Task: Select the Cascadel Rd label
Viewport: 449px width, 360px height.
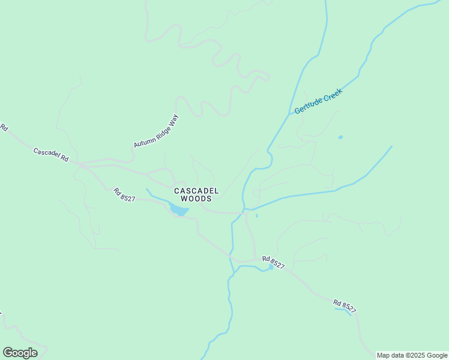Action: tap(50, 155)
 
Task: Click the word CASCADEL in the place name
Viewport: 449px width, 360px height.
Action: tap(196, 191)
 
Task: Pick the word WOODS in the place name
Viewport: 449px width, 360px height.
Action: tap(196, 199)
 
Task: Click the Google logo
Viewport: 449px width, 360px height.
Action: tap(20, 353)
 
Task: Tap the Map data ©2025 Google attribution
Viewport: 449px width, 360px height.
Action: tap(412, 355)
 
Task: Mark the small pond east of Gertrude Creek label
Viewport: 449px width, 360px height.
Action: tap(340, 137)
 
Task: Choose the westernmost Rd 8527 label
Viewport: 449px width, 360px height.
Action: tap(124, 194)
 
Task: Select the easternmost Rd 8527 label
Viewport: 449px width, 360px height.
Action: tap(345, 306)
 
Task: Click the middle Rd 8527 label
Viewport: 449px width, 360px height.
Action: tap(273, 262)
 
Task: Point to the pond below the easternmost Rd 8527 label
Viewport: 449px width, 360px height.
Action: tap(346, 311)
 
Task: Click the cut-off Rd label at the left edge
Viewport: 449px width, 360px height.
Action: tap(4, 128)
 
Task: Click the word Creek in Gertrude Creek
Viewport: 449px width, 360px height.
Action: tap(331, 95)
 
